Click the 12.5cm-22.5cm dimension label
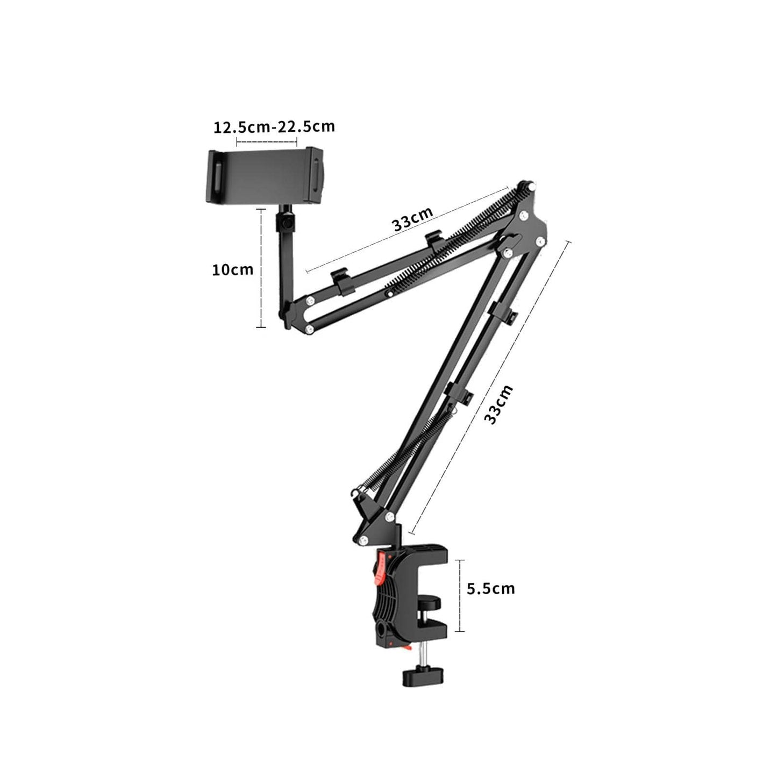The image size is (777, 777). [274, 127]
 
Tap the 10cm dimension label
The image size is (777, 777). [232, 269]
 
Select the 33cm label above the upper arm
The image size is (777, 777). [413, 220]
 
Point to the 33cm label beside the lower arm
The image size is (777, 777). [498, 404]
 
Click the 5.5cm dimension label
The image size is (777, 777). [490, 588]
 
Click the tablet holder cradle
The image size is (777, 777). [266, 175]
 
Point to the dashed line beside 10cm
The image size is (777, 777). [261, 268]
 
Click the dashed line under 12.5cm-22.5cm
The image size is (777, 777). [267, 142]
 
